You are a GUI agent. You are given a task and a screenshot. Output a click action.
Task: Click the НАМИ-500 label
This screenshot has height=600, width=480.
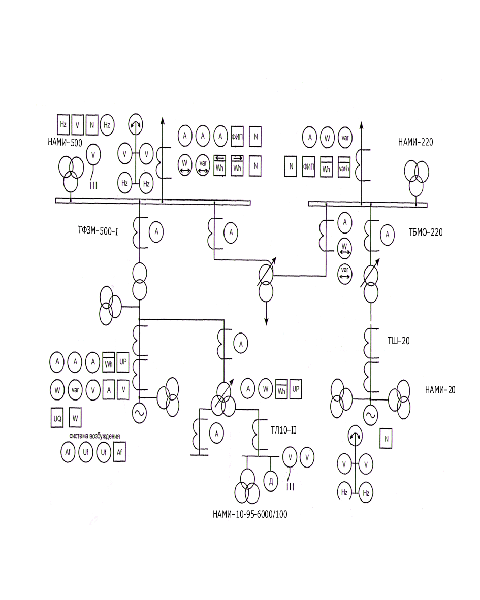pos(65,142)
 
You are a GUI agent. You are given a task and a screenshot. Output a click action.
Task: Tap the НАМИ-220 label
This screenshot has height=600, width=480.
pos(415,142)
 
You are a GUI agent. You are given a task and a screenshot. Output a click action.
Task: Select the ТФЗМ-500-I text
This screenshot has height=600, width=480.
pos(98,231)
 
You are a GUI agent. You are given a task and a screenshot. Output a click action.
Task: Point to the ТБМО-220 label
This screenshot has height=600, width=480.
pos(425,232)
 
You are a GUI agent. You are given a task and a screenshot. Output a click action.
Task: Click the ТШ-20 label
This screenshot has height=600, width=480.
pos(398,341)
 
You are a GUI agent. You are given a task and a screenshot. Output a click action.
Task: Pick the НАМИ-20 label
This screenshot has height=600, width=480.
pos(440,390)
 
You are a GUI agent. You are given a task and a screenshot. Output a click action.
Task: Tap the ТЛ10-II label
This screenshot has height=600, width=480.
pos(283,430)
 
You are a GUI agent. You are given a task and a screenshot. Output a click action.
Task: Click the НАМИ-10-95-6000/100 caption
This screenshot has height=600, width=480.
pos(250,514)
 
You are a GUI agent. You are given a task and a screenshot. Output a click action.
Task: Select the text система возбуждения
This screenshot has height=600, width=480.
pos(94,436)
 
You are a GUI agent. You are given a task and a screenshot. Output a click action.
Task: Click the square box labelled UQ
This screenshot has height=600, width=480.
pos(57,418)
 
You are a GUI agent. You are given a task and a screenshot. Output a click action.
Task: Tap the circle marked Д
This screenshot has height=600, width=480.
pos(271,481)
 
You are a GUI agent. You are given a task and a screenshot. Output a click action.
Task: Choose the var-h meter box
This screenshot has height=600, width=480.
pos(344,167)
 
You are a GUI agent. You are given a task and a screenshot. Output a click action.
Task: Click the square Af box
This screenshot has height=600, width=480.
pos(119,452)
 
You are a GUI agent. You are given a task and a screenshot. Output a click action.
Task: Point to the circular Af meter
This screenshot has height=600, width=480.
pos(68,452)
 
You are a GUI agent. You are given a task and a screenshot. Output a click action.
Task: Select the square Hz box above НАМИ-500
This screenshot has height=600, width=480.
pos(63,124)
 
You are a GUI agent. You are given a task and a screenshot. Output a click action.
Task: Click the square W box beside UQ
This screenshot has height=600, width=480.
pos(75,418)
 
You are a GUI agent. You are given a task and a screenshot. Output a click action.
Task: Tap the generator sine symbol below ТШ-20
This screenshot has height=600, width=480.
pos(370,416)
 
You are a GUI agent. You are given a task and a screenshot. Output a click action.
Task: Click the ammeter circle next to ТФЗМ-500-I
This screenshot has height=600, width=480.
pos(156,231)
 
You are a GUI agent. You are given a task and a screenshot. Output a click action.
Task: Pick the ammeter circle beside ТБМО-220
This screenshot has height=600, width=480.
pos(388,235)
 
